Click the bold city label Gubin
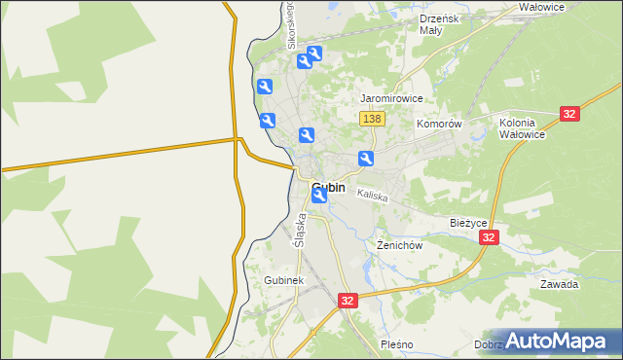click(328, 188)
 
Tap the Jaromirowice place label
click(391, 99)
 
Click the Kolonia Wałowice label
click(523, 128)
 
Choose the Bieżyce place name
click(468, 223)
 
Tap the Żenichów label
click(399, 246)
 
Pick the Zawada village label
click(560, 285)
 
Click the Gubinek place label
click(284, 280)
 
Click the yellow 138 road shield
click(372, 119)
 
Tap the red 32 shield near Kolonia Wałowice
click(570, 114)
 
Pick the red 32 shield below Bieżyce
click(490, 237)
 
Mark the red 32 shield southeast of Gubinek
click(348, 302)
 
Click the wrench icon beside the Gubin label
click(319, 196)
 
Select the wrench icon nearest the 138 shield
click(366, 160)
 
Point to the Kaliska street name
click(373, 197)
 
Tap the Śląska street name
click(300, 230)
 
